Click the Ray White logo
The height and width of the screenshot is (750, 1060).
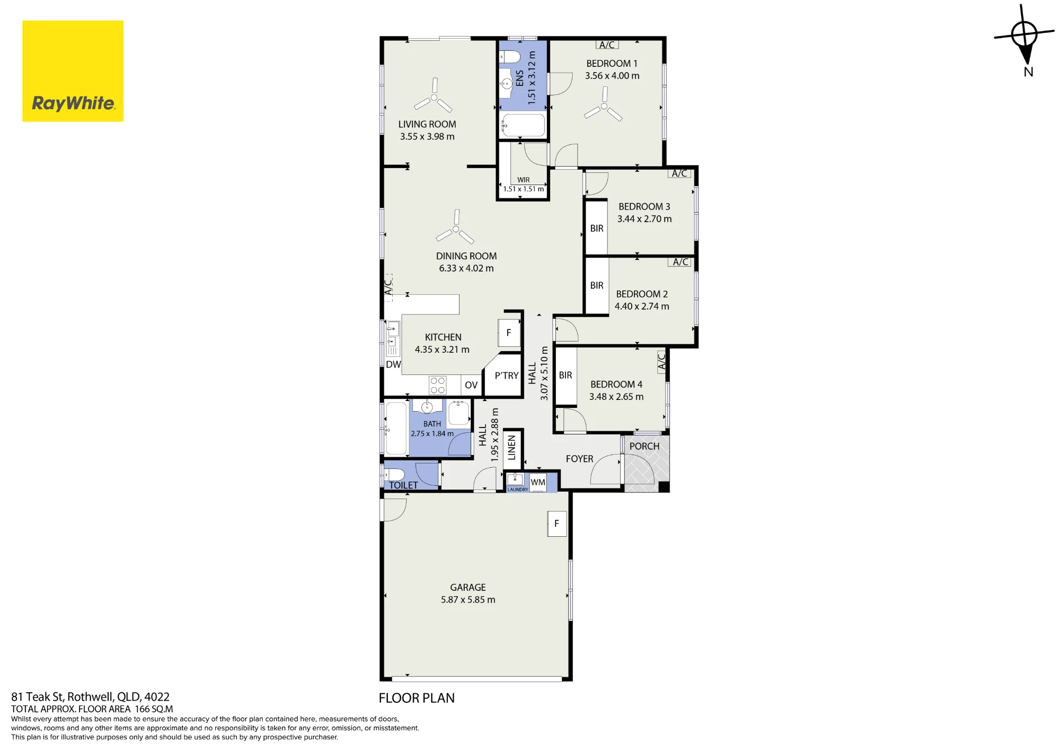(73, 71)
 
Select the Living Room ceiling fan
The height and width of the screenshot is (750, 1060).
(434, 97)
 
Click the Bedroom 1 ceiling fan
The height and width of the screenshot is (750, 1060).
(604, 106)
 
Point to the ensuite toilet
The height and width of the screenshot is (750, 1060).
(510, 56)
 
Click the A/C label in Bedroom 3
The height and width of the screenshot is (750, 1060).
(679, 173)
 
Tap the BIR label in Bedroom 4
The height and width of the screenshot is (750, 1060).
(566, 375)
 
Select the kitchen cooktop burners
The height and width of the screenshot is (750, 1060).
(438, 385)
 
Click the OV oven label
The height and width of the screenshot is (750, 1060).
(471, 385)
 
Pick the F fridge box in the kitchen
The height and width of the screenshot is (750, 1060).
(509, 333)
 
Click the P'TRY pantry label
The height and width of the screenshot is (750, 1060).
(507, 376)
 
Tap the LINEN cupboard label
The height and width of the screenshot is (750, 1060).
(511, 447)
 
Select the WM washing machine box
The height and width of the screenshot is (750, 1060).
(538, 482)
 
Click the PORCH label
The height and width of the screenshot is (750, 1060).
(644, 447)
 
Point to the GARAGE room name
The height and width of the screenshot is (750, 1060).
(468, 588)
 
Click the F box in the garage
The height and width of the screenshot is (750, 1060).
(557, 524)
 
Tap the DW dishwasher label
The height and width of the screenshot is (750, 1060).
(393, 364)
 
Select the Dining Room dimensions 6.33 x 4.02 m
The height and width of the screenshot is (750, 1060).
(466, 268)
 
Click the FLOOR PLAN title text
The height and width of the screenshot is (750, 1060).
(417, 698)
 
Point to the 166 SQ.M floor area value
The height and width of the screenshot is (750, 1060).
(154, 709)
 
